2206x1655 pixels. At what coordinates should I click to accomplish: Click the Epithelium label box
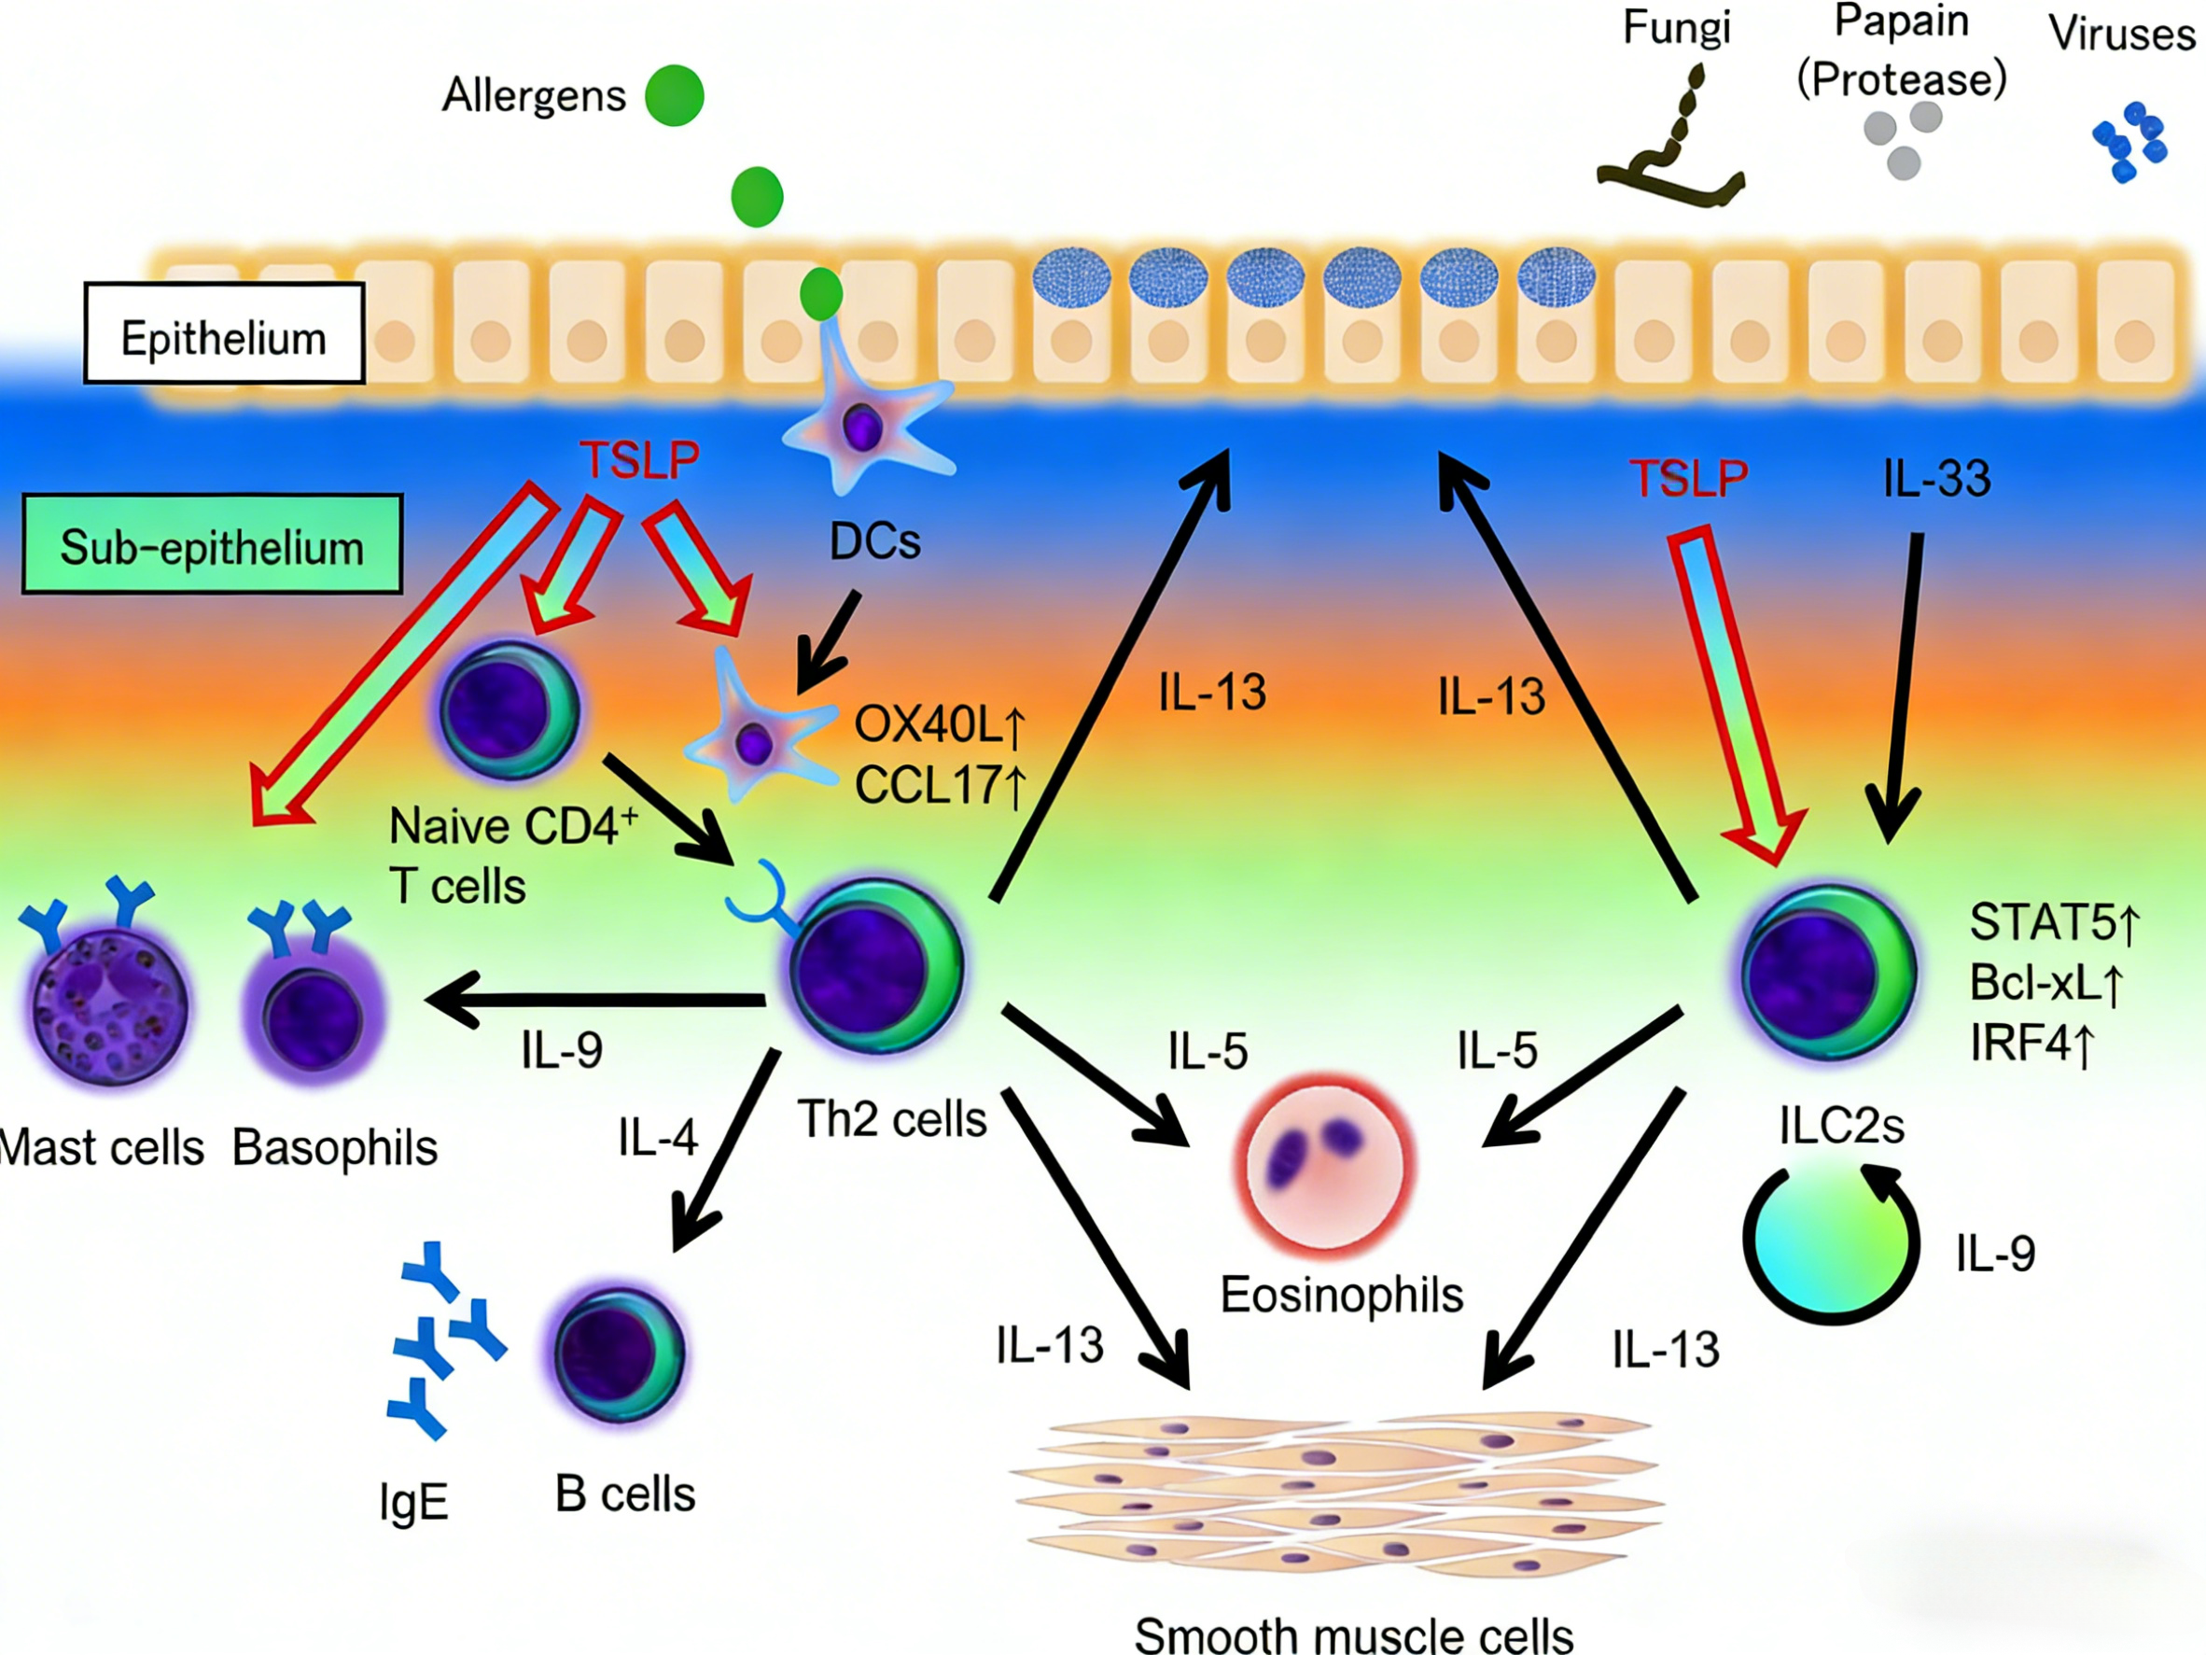[x=224, y=334]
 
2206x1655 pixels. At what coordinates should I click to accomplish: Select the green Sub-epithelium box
[x=213, y=545]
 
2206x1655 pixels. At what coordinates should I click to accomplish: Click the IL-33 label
[x=1935, y=479]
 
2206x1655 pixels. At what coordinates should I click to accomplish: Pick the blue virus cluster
[x=2129, y=143]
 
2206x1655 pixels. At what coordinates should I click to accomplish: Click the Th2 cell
[x=876, y=966]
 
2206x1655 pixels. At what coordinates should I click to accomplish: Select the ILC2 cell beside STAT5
[x=1828, y=973]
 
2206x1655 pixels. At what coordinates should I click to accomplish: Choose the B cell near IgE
[x=619, y=1353]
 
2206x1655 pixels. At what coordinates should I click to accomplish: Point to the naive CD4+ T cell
[x=510, y=709]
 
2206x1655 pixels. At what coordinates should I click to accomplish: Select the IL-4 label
[x=657, y=1137]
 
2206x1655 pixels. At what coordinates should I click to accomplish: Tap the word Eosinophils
[x=1341, y=1295]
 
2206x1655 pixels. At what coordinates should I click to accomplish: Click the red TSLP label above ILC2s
[x=1688, y=479]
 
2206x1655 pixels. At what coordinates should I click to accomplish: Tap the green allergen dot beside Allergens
[x=674, y=96]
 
